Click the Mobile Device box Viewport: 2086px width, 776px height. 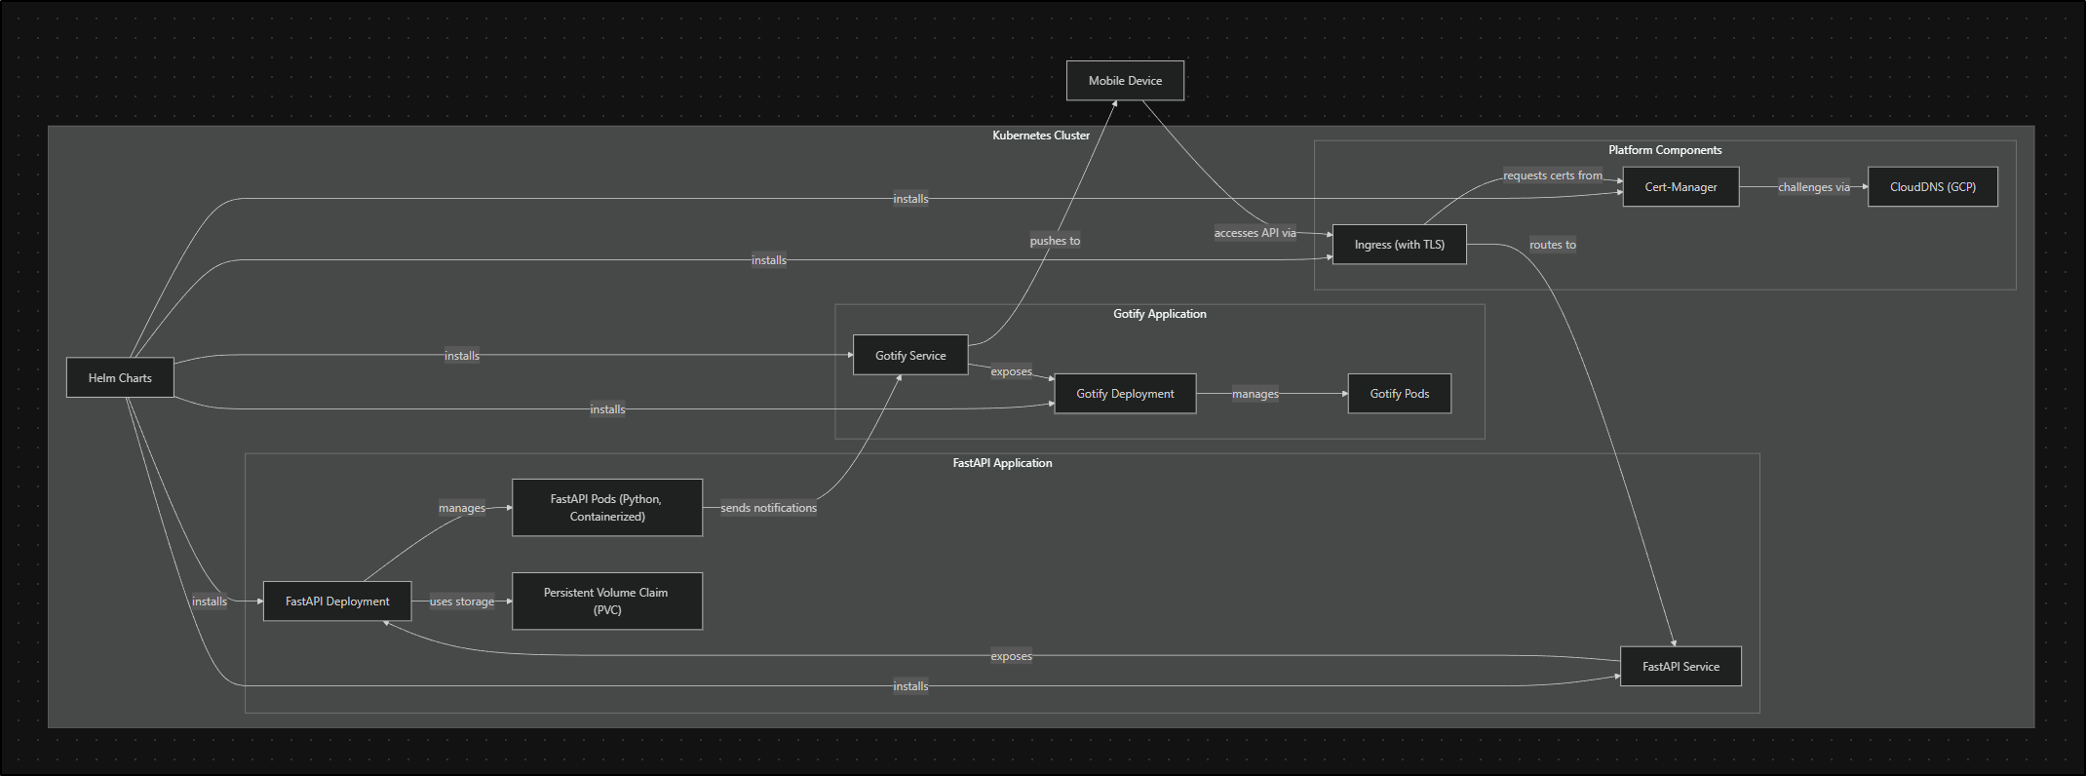point(1125,81)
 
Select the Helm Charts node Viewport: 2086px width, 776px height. point(120,378)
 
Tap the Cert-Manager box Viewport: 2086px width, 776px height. point(1680,187)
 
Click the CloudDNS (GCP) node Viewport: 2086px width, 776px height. point(1932,187)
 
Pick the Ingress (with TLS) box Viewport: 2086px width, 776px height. point(1399,245)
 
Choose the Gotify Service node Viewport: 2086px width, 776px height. point(910,356)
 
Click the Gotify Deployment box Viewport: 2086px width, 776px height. point(1125,394)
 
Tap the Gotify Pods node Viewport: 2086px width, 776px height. point(1399,394)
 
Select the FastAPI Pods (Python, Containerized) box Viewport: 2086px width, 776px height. point(606,508)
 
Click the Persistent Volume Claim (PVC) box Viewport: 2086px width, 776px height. point(606,601)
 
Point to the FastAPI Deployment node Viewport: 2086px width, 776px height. point(337,601)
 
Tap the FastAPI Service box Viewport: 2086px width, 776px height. point(1680,667)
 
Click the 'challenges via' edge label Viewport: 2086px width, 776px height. point(1813,187)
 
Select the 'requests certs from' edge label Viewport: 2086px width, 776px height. point(1552,175)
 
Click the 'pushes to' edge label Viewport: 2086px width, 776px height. point(1055,241)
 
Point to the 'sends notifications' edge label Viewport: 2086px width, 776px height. point(768,508)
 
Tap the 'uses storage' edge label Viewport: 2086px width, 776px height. point(462,601)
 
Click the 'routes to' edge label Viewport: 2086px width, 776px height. point(1552,245)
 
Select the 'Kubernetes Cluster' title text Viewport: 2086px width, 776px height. point(1041,136)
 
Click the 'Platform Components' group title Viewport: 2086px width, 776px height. point(1665,150)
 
